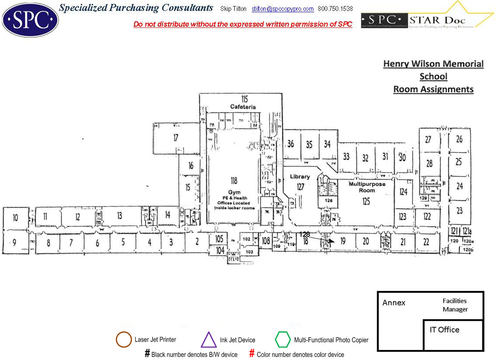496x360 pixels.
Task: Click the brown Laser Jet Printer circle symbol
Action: tap(124, 339)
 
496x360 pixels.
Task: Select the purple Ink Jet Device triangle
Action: tap(208, 339)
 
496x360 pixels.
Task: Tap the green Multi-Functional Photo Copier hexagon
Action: tap(283, 339)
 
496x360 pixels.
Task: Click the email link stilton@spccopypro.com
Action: tap(283, 9)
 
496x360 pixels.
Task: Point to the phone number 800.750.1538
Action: tap(335, 9)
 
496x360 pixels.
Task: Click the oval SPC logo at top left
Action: tap(30, 20)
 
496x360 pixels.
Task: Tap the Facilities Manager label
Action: tap(455, 305)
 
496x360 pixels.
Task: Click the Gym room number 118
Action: tap(234, 181)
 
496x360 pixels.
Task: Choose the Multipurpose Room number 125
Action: tap(366, 201)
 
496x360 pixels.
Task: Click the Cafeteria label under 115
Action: tap(243, 107)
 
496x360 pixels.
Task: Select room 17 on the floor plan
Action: tap(176, 138)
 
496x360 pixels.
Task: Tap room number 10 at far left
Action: tap(15, 218)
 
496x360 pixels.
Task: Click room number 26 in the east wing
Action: tap(459, 139)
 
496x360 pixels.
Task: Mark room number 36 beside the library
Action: tap(291, 144)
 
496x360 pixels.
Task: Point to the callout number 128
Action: tap(305, 235)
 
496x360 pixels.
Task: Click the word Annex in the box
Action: tap(394, 303)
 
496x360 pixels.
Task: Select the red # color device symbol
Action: tap(252, 353)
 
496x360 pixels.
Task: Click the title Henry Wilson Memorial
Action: tap(433, 64)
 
